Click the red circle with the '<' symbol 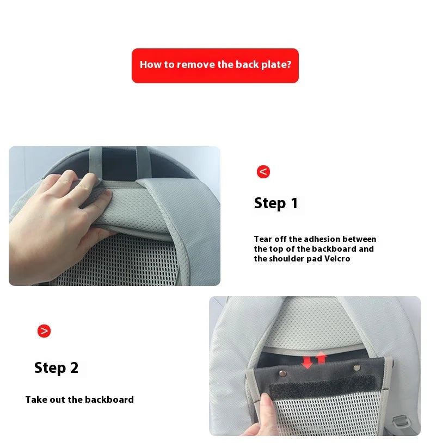pyautogui.click(x=263, y=172)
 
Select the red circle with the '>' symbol pyautogui.click(x=44, y=331)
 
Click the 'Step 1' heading pyautogui.click(x=276, y=203)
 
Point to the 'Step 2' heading pyautogui.click(x=56, y=368)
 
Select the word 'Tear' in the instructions pyautogui.click(x=263, y=239)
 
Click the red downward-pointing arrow pyautogui.click(x=307, y=362)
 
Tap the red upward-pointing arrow pyautogui.click(x=321, y=357)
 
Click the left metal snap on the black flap pyautogui.click(x=282, y=373)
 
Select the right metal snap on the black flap pyautogui.click(x=357, y=367)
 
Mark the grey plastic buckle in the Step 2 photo pyautogui.click(x=401, y=422)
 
